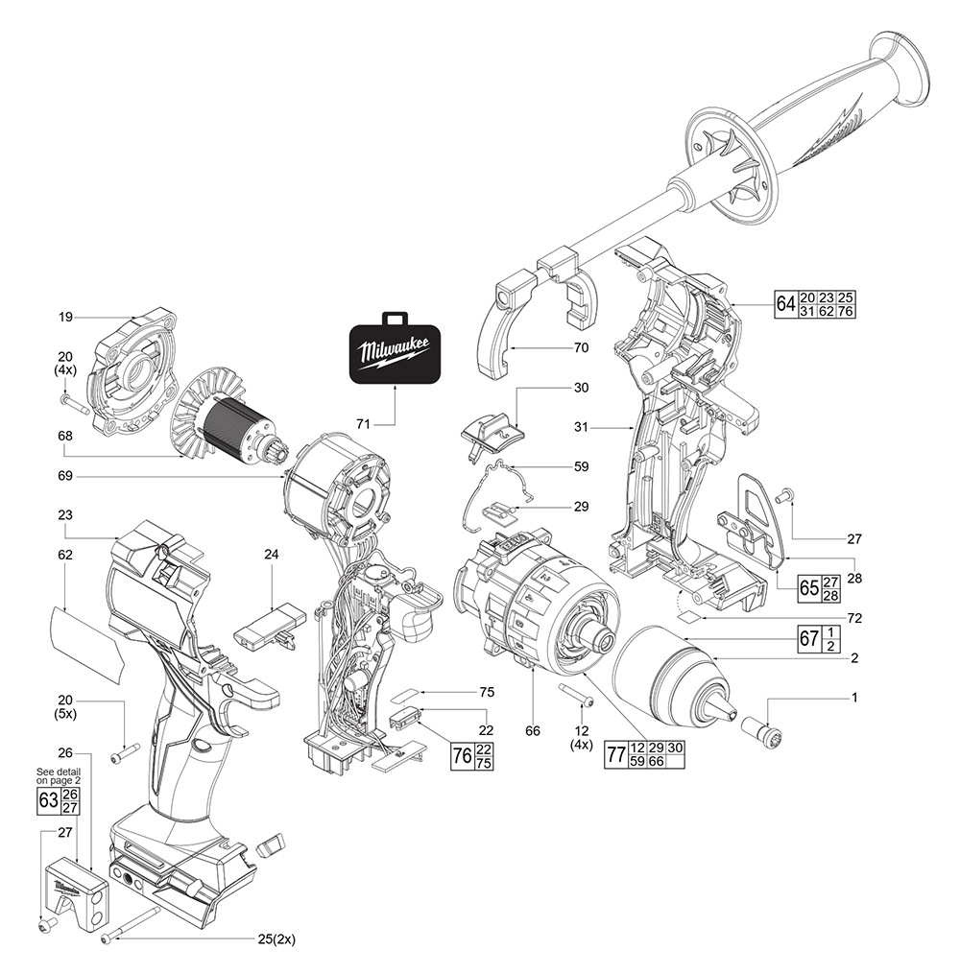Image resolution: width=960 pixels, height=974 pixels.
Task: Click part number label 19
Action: (x=65, y=316)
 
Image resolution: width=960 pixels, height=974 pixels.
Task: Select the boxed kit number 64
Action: (x=785, y=303)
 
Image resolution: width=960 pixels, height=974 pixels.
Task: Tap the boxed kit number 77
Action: (x=615, y=754)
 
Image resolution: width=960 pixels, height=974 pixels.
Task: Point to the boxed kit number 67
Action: (x=809, y=638)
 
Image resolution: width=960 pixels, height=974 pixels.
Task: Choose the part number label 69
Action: (x=65, y=476)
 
